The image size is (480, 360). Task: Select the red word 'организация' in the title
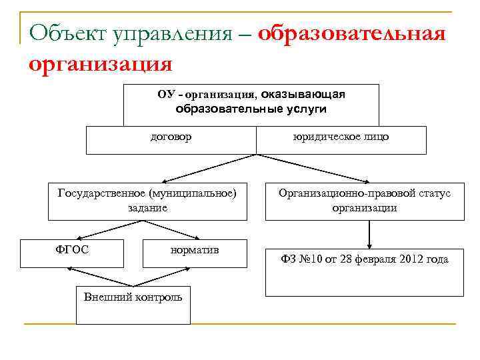click(x=101, y=64)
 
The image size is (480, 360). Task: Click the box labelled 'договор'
click(x=171, y=139)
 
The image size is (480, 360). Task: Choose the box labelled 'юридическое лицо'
click(x=341, y=139)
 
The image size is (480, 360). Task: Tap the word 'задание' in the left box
click(x=147, y=207)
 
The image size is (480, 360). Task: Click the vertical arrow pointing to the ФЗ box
click(x=369, y=233)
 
